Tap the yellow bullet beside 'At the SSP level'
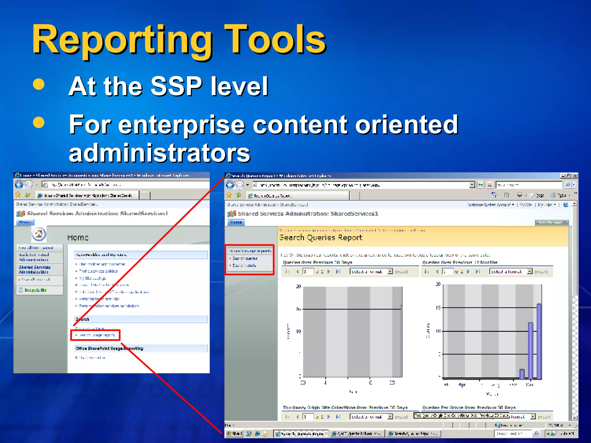click(39, 84)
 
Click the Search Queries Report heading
click(320, 238)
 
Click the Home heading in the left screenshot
click(78, 238)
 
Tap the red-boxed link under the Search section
click(96, 335)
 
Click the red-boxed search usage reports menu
click(250, 259)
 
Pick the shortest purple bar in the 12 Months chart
click(522, 374)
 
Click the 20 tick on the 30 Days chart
click(298, 286)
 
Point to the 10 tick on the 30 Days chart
click(298, 331)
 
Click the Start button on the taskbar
click(235, 433)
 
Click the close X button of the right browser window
click(575, 176)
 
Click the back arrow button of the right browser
click(230, 185)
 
